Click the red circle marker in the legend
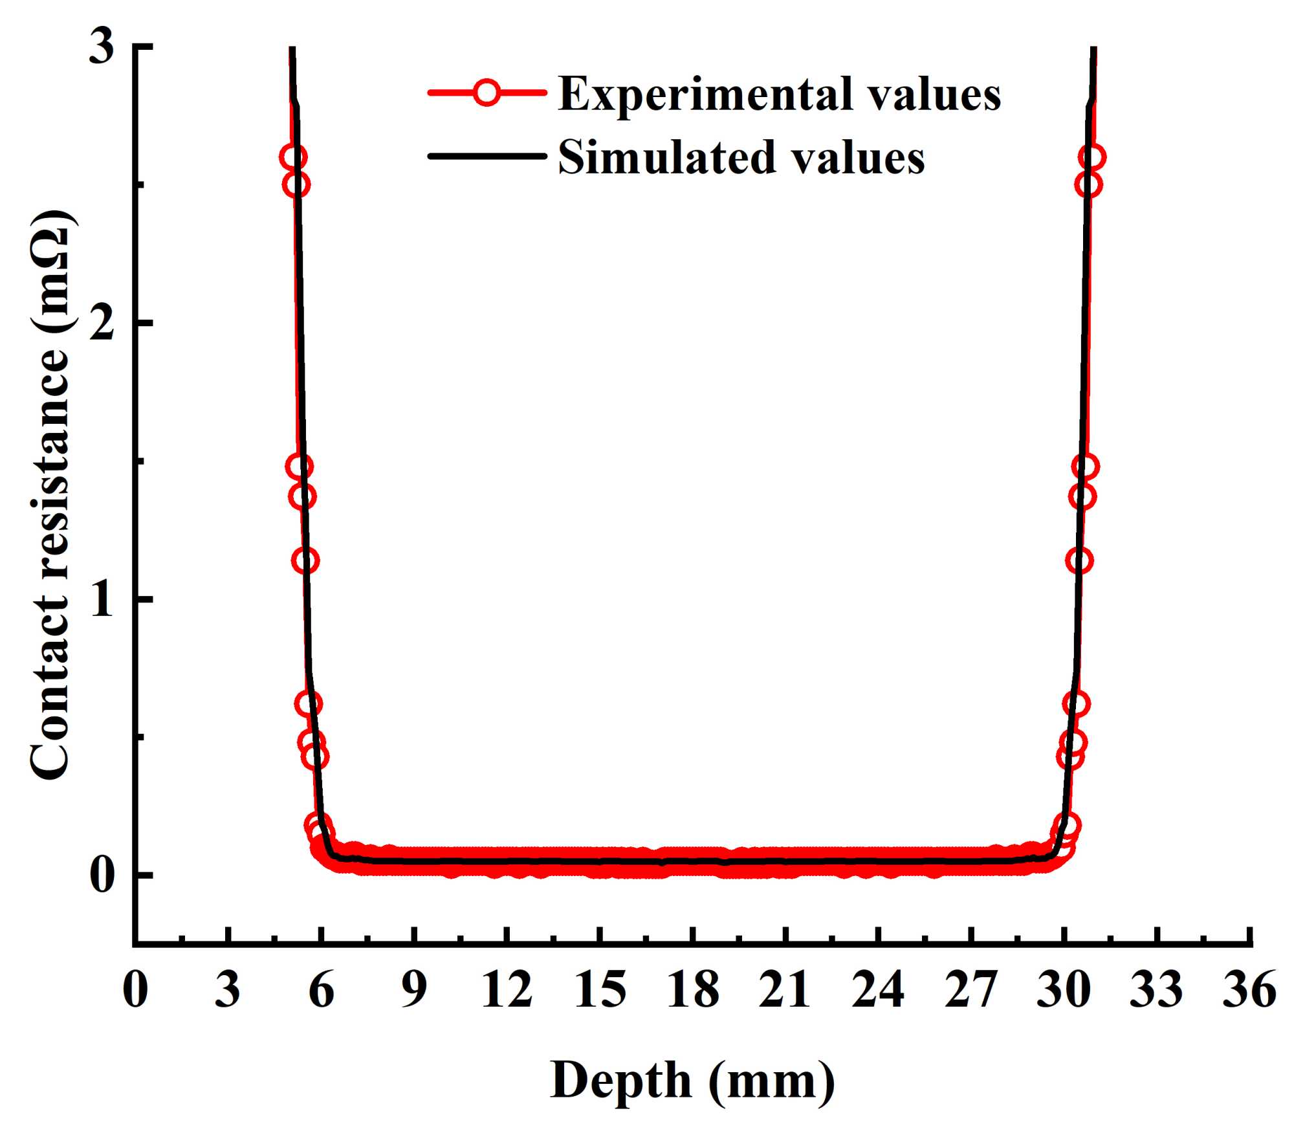click(486, 93)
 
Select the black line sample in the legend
click(486, 156)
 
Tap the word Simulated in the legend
click(667, 157)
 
